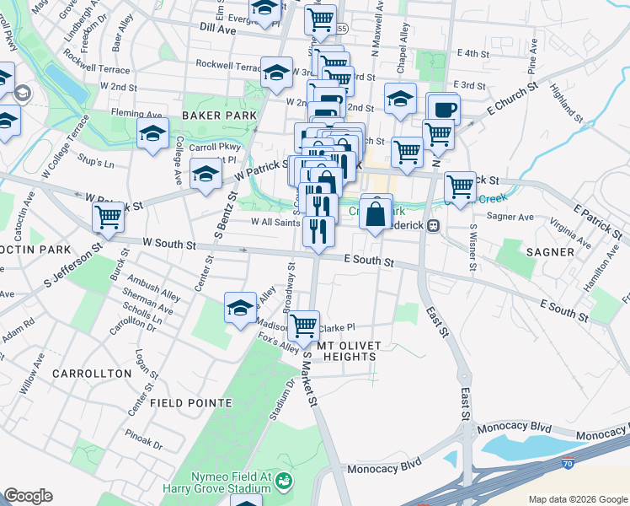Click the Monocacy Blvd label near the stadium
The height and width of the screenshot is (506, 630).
pyautogui.click(x=387, y=466)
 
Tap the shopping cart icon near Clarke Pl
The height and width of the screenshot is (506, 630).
pyautogui.click(x=303, y=324)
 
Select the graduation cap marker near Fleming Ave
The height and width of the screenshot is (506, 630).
pyautogui.click(x=152, y=134)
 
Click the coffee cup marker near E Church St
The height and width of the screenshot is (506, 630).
pyautogui.click(x=444, y=109)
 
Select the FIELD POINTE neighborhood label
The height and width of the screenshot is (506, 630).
pyautogui.click(x=190, y=403)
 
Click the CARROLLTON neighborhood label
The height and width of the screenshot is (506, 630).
pyautogui.click(x=92, y=373)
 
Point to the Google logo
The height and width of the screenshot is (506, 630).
pyautogui.click(x=28, y=496)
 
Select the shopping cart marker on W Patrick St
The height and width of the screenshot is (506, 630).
pyautogui.click(x=109, y=217)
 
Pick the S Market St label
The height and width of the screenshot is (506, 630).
pyautogui.click(x=308, y=379)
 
